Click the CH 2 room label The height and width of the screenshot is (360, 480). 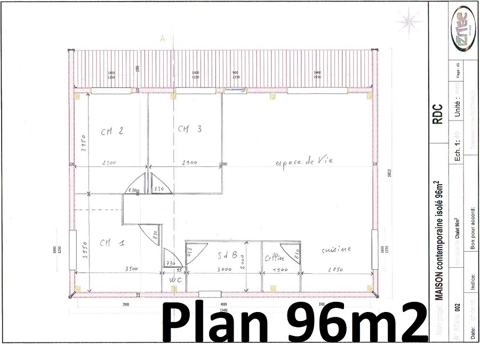click(x=113, y=131)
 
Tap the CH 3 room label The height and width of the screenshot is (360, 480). click(x=189, y=129)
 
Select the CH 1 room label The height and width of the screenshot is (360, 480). click(x=112, y=243)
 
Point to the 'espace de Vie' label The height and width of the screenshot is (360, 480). click(x=304, y=161)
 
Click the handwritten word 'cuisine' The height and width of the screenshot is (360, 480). click(x=336, y=250)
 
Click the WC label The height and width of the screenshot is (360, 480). click(x=175, y=280)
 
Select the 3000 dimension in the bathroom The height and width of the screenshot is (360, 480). click(x=224, y=269)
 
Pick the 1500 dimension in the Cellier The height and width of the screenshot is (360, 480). click(x=280, y=269)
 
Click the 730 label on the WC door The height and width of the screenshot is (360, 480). click(x=170, y=264)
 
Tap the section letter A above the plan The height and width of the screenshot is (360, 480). click(x=162, y=38)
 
